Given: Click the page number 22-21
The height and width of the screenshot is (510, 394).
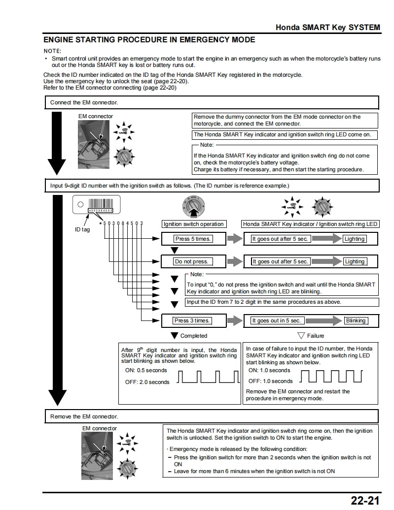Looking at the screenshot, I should coord(365,500).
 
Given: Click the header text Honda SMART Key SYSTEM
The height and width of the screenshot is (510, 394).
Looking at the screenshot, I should coord(327,27).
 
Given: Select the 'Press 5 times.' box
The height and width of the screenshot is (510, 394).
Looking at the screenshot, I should coord(193,239).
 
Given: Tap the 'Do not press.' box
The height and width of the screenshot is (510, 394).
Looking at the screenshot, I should coord(192,261).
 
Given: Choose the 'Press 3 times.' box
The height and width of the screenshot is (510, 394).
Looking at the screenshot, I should coord(192,320).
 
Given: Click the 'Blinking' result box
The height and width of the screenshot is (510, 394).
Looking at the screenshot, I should coord(356,320).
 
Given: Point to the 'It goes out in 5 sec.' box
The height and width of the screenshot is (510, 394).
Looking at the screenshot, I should coord(276,320).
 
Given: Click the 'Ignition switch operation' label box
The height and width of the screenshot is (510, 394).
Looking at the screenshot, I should coord(193,224).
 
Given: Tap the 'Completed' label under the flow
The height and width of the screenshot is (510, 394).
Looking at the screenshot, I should coord(193,336).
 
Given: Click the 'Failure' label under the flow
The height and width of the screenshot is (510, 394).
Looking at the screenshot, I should coord(315,336).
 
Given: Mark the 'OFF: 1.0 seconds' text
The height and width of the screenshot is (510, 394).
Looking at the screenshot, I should coord(270,381).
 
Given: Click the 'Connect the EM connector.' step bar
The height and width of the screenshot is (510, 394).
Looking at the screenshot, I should coord(212,102).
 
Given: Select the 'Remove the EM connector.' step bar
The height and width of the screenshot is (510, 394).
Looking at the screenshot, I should coord(212,416).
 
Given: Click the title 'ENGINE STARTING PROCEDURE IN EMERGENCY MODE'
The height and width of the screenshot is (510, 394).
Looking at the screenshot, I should coord(149,39).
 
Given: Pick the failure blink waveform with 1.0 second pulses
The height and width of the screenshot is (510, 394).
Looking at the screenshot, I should coord(331,376).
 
